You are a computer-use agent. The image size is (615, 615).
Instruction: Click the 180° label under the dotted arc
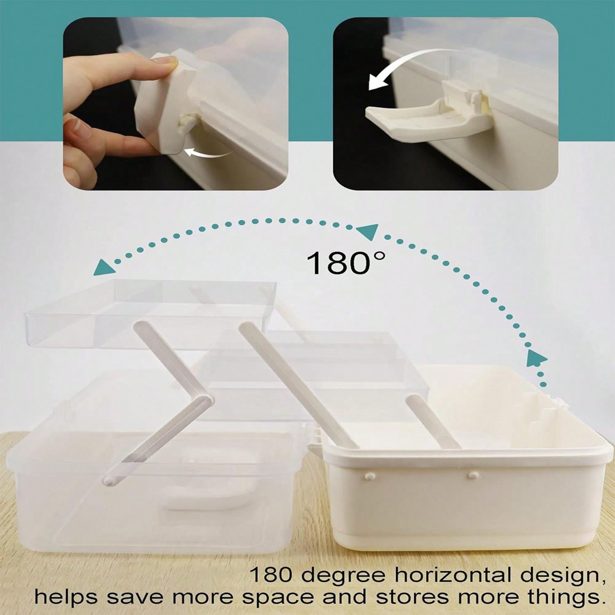[x=345, y=263]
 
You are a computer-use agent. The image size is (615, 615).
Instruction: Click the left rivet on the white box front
[x=368, y=477]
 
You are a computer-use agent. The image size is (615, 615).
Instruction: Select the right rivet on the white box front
[x=473, y=475]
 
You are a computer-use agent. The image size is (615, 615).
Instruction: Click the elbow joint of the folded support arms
[x=207, y=400]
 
